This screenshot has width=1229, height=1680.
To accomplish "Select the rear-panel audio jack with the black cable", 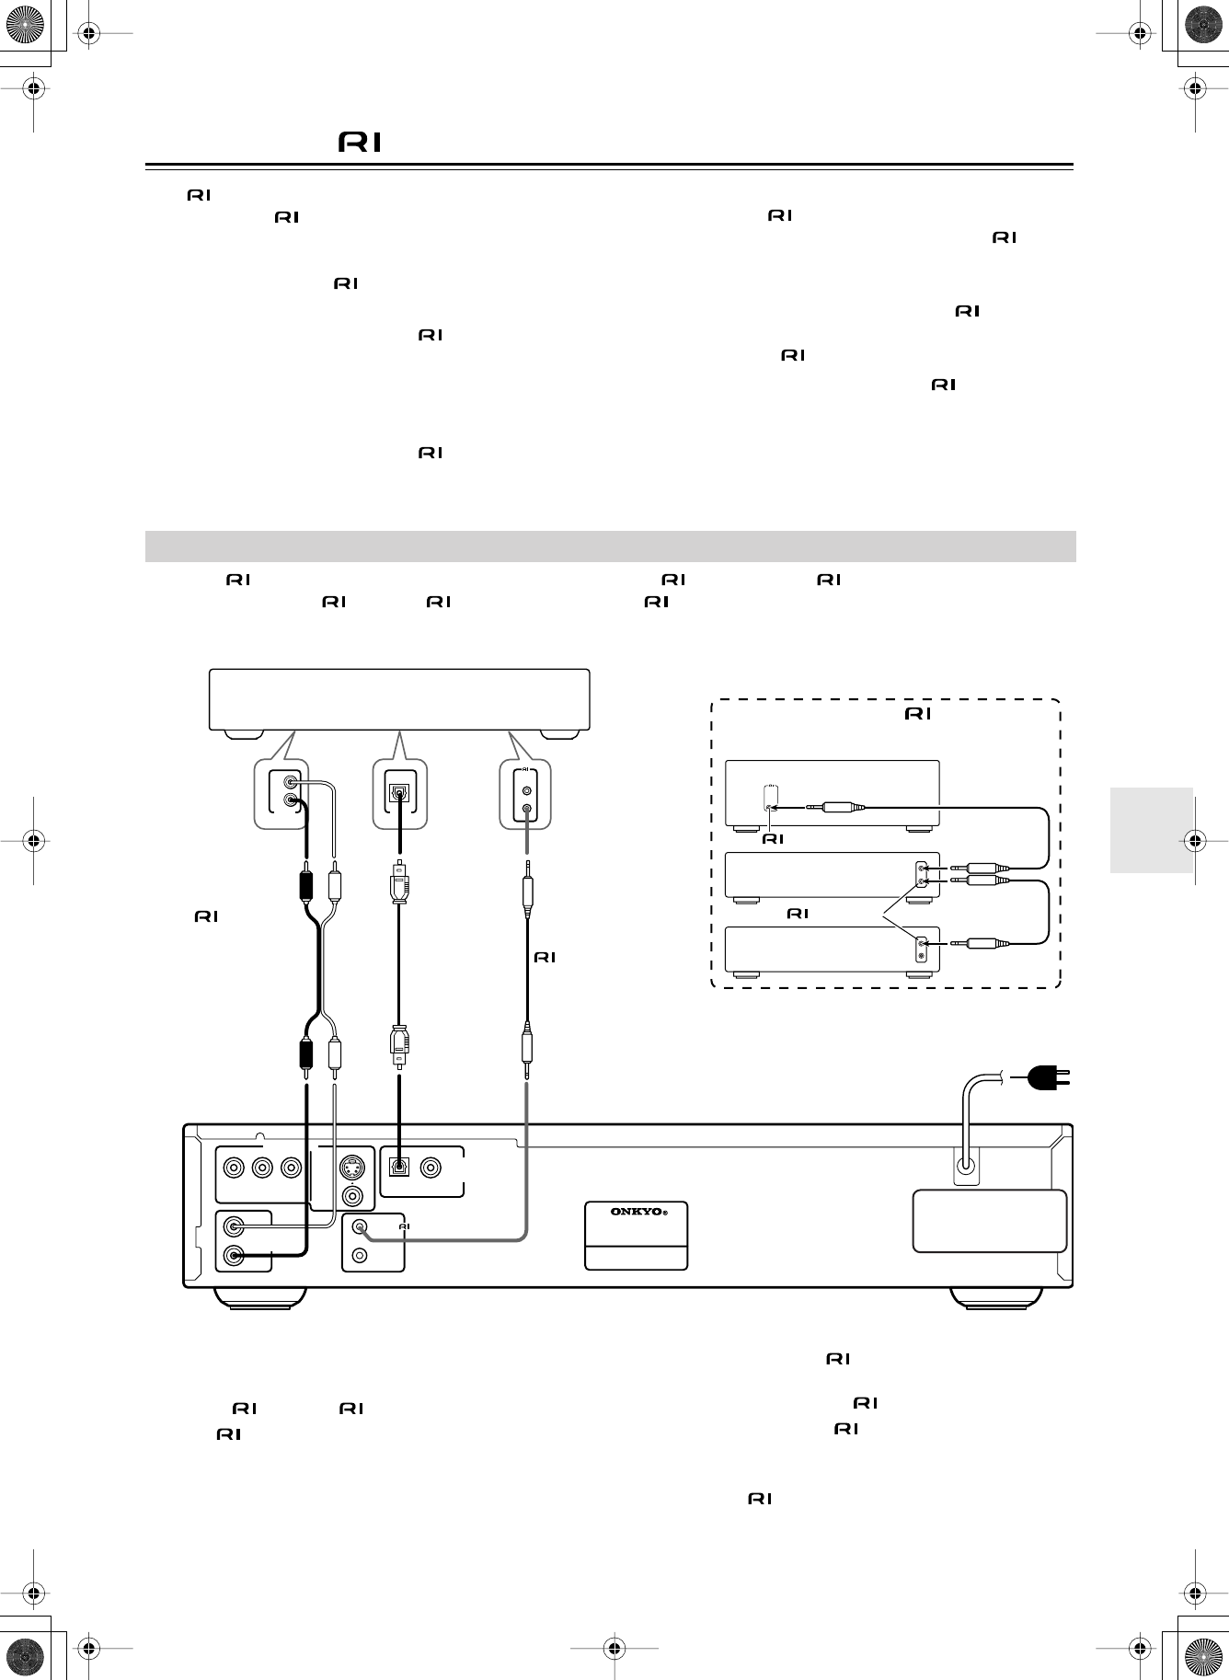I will (x=236, y=1255).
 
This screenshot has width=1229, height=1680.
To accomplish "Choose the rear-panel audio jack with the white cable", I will (x=236, y=1225).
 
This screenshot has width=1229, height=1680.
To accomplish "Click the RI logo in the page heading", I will (x=360, y=144).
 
